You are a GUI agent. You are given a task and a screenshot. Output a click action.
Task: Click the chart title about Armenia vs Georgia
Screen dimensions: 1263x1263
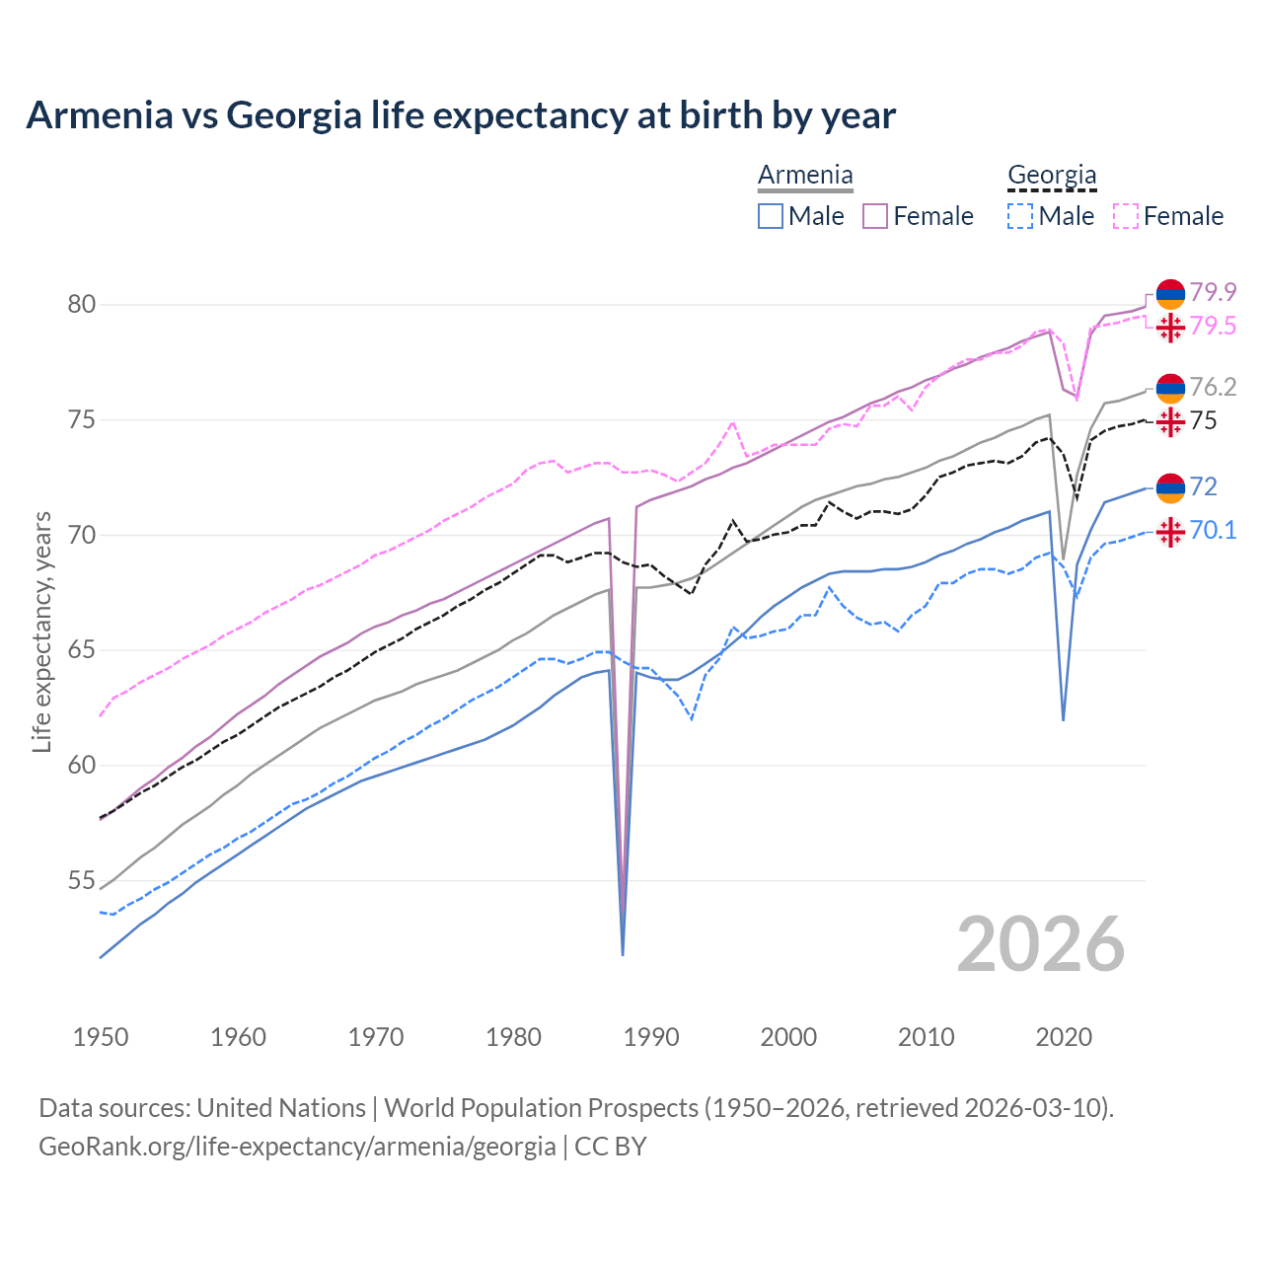click(461, 115)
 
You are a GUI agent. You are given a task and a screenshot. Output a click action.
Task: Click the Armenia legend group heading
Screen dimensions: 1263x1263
click(805, 176)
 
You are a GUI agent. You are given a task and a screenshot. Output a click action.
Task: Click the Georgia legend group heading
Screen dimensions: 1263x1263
click(1052, 176)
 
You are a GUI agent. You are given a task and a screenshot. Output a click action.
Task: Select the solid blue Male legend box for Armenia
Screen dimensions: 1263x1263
click(771, 216)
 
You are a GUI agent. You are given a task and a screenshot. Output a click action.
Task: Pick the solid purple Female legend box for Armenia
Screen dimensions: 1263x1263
click(875, 216)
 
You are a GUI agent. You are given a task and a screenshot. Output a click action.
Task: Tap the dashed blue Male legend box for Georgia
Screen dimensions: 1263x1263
click(1020, 216)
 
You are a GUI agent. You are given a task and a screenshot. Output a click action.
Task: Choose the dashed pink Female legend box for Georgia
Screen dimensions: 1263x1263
click(1126, 216)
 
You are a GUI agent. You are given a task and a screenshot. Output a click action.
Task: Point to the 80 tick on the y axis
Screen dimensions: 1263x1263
click(82, 304)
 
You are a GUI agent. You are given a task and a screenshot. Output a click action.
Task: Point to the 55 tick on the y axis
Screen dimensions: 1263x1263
click(82, 880)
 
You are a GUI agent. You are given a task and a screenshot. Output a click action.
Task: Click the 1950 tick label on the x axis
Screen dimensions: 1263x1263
click(101, 1037)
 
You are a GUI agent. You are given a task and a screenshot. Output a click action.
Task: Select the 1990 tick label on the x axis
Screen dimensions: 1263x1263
click(651, 1037)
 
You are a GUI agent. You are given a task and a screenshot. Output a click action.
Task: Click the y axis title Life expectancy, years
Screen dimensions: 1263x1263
click(41, 631)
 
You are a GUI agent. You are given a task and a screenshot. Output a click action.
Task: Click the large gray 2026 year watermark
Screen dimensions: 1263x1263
click(1041, 944)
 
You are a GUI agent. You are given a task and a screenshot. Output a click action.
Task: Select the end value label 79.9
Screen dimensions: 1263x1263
click(1213, 292)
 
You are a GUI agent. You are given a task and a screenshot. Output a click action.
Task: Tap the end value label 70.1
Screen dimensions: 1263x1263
click(1213, 531)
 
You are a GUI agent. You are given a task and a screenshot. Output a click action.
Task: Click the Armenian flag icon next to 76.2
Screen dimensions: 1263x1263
click(1170, 388)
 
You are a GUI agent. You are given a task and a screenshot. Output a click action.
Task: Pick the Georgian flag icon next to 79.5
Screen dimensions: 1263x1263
click(1170, 327)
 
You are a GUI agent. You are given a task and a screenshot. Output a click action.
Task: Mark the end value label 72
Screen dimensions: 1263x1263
click(1203, 486)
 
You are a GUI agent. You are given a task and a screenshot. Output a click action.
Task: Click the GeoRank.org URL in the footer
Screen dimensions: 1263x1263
click(297, 1147)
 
